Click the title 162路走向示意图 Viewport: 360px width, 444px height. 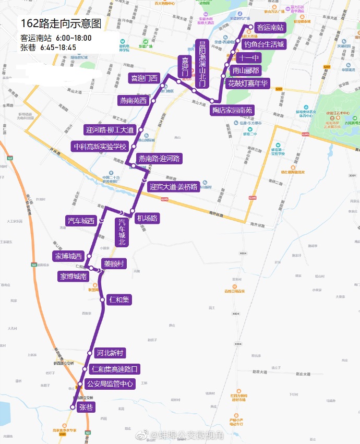pos(62,24)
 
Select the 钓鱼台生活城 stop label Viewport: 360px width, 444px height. pos(265,44)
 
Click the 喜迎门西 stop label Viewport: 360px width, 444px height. pos(143,78)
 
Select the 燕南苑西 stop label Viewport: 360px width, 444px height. pos(134,100)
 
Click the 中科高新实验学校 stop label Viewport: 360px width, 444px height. pos(100,147)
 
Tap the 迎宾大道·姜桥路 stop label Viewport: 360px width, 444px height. pos(173,186)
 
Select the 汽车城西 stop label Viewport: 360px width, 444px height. pos(81,221)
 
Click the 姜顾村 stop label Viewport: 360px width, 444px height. pos(114,264)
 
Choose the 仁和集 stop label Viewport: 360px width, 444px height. pos(119,299)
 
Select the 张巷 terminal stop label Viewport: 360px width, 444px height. pos(85,407)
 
